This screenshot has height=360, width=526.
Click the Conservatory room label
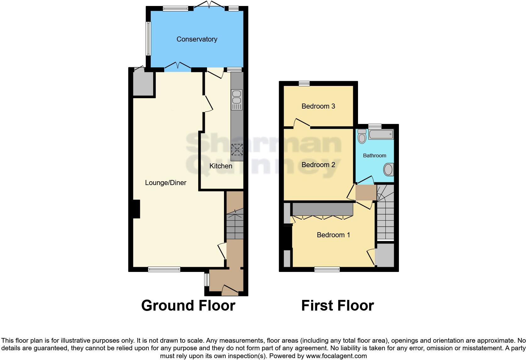(x=197, y=39)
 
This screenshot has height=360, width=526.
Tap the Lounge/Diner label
(x=165, y=183)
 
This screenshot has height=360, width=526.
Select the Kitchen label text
(x=221, y=166)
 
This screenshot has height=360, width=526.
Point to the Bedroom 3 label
(x=318, y=106)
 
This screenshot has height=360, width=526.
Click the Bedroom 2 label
(x=318, y=165)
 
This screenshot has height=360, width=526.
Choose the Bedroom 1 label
(x=333, y=235)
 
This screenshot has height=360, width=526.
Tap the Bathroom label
(x=374, y=156)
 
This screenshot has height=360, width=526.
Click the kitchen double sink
(x=236, y=97)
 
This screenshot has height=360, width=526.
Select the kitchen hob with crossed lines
(x=237, y=150)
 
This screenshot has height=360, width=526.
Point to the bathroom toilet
(x=362, y=137)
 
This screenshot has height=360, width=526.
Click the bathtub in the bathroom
(x=381, y=135)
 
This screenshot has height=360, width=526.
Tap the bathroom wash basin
(x=389, y=170)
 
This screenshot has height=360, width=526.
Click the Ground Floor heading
(x=188, y=306)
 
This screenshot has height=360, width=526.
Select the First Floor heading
(x=338, y=306)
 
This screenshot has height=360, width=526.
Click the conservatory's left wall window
(x=148, y=38)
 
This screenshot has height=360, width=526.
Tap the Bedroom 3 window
(x=304, y=83)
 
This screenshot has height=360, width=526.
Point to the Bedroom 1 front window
(x=327, y=269)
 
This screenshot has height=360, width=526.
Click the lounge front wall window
(x=164, y=269)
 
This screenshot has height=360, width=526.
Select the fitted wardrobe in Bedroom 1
(x=322, y=209)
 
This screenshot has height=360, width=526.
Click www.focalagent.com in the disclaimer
(x=336, y=356)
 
